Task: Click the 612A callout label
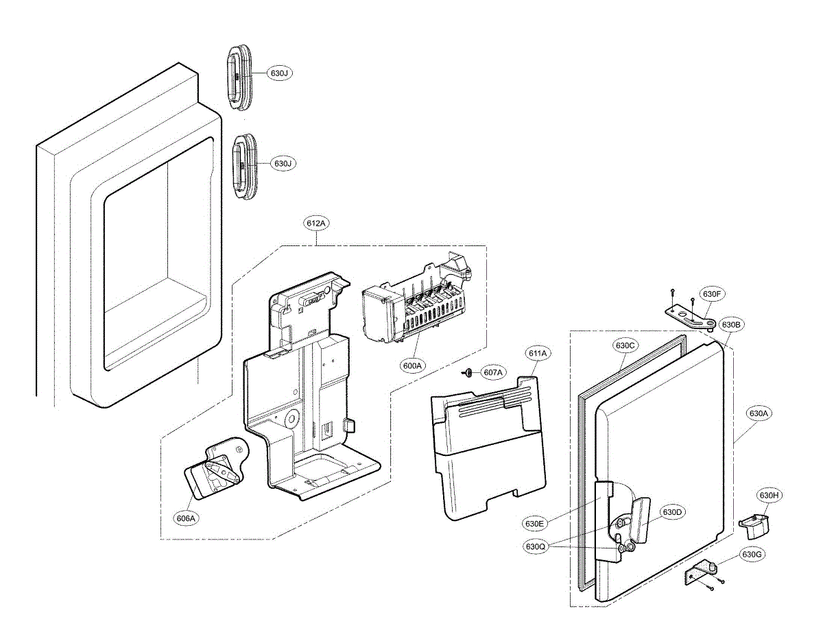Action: (x=317, y=224)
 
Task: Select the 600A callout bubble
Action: (x=412, y=366)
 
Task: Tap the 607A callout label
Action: (x=492, y=372)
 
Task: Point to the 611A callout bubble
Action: (x=538, y=354)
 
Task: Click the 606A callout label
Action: (x=186, y=518)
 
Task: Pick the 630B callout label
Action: (x=730, y=324)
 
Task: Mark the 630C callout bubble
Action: (x=625, y=346)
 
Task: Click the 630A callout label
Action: (x=758, y=413)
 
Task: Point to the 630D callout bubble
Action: (x=673, y=511)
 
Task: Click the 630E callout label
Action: (x=535, y=524)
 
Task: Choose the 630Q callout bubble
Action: (x=535, y=546)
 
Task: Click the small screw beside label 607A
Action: (x=467, y=372)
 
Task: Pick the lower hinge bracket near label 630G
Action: (x=701, y=572)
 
